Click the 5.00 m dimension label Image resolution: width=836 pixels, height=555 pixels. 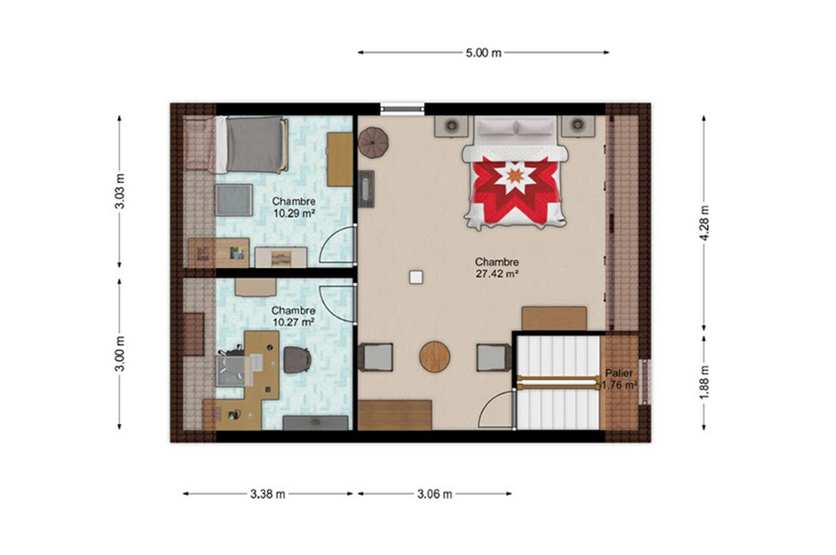pyautogui.click(x=483, y=53)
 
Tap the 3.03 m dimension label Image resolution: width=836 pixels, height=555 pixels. pyautogui.click(x=120, y=191)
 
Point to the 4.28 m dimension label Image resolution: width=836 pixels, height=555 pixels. pyautogui.click(x=704, y=223)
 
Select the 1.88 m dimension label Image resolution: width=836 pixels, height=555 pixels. pyautogui.click(x=704, y=382)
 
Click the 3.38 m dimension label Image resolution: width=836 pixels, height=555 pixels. pyautogui.click(x=268, y=494)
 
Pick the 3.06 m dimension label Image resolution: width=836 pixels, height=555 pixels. pyautogui.click(x=434, y=494)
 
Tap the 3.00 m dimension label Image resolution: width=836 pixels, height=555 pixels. pyautogui.click(x=120, y=354)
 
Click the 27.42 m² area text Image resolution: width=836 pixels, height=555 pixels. pyautogui.click(x=497, y=274)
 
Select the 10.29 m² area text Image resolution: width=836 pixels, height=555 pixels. pyautogui.click(x=294, y=213)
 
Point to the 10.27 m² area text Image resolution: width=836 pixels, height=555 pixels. pyautogui.click(x=294, y=322)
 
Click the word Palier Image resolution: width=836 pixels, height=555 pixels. pyautogui.click(x=619, y=373)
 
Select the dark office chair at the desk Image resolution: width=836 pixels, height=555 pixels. pyautogui.click(x=297, y=359)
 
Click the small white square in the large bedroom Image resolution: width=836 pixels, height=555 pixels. pyautogui.click(x=415, y=277)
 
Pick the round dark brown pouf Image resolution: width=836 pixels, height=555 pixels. pyautogui.click(x=373, y=142)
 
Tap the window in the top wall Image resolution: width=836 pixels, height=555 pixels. pyautogui.click(x=402, y=109)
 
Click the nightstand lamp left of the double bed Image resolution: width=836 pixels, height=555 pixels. pyautogui.click(x=451, y=125)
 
